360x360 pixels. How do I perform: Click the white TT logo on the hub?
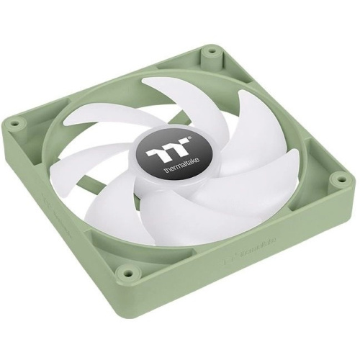coord(160,153)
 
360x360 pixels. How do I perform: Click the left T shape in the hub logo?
coord(153,153)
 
